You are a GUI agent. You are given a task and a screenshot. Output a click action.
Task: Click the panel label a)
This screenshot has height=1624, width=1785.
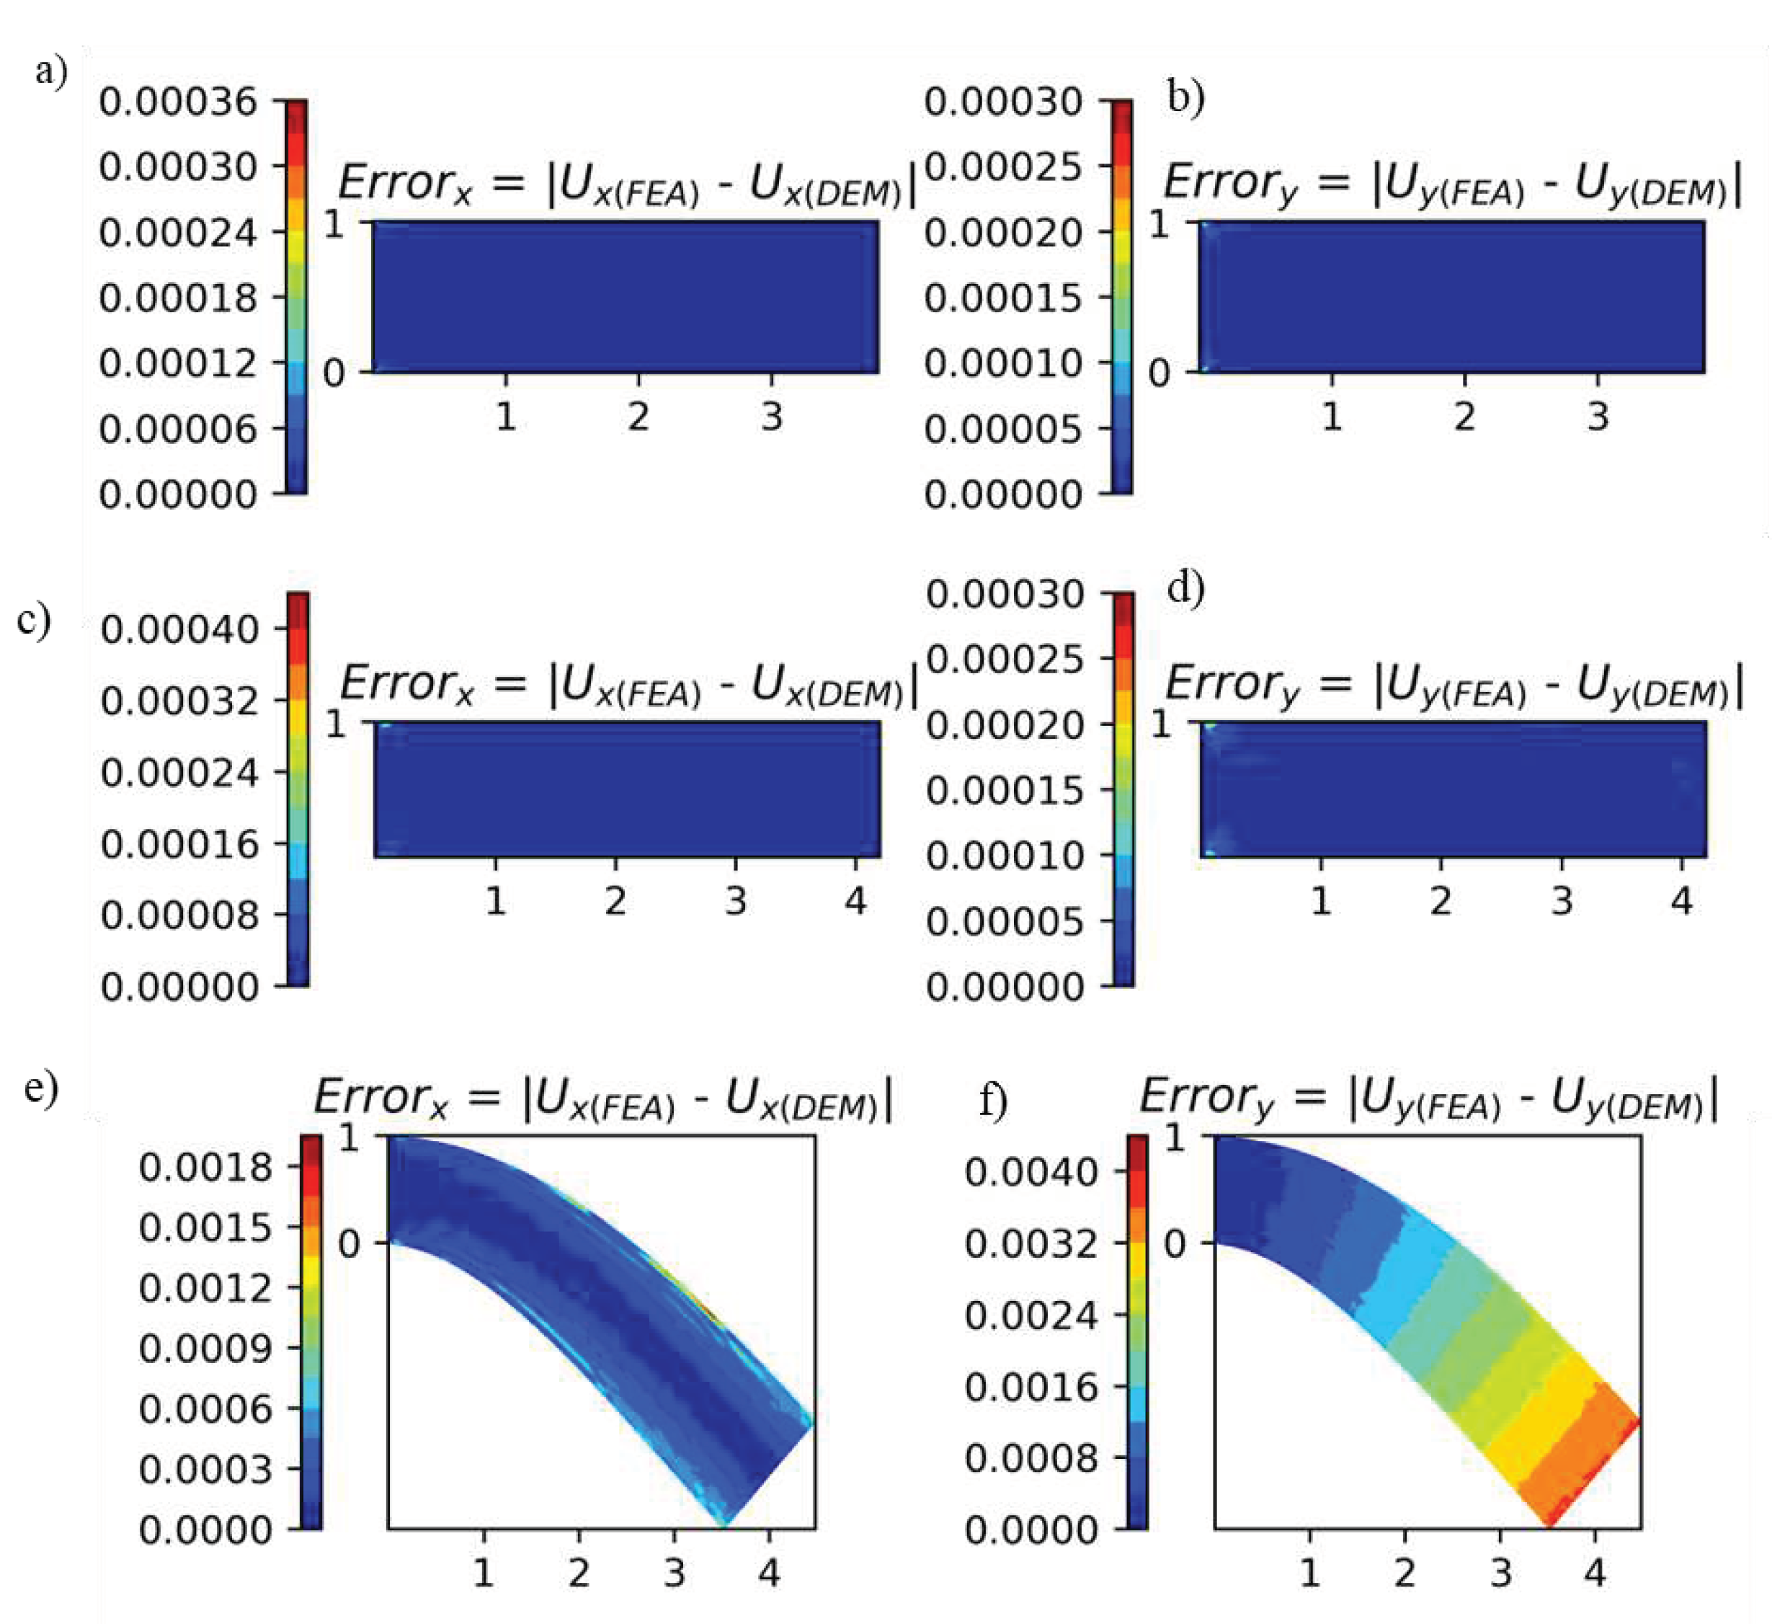tap(50, 71)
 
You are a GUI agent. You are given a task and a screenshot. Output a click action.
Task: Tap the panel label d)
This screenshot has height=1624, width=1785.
tap(1185, 589)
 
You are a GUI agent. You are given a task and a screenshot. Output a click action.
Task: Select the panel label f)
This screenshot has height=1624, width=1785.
tap(992, 1101)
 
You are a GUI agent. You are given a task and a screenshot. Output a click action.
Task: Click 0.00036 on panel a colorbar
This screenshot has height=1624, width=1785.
tap(177, 102)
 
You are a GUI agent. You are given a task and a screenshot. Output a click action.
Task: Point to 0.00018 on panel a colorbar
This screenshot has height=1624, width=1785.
tap(177, 298)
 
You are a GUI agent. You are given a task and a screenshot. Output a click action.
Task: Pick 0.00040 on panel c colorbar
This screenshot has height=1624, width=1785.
tap(179, 629)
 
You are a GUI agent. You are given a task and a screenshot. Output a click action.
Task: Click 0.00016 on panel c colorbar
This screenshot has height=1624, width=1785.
tap(179, 844)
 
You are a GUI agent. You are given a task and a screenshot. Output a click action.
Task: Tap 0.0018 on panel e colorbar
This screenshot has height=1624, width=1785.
tap(205, 1168)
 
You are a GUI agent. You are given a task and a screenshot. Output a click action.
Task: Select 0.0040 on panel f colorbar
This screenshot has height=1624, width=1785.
tap(1031, 1172)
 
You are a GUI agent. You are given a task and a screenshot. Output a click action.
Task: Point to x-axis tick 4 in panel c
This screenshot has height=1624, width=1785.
tap(855, 902)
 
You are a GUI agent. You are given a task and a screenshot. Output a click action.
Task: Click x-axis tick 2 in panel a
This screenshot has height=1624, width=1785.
tap(638, 416)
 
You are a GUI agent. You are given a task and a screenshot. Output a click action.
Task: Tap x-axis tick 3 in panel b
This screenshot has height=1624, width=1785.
tap(1598, 416)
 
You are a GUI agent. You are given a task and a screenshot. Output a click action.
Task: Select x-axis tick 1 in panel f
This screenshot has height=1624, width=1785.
tap(1309, 1573)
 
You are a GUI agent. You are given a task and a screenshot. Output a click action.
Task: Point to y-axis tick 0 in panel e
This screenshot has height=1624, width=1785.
tap(349, 1244)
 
